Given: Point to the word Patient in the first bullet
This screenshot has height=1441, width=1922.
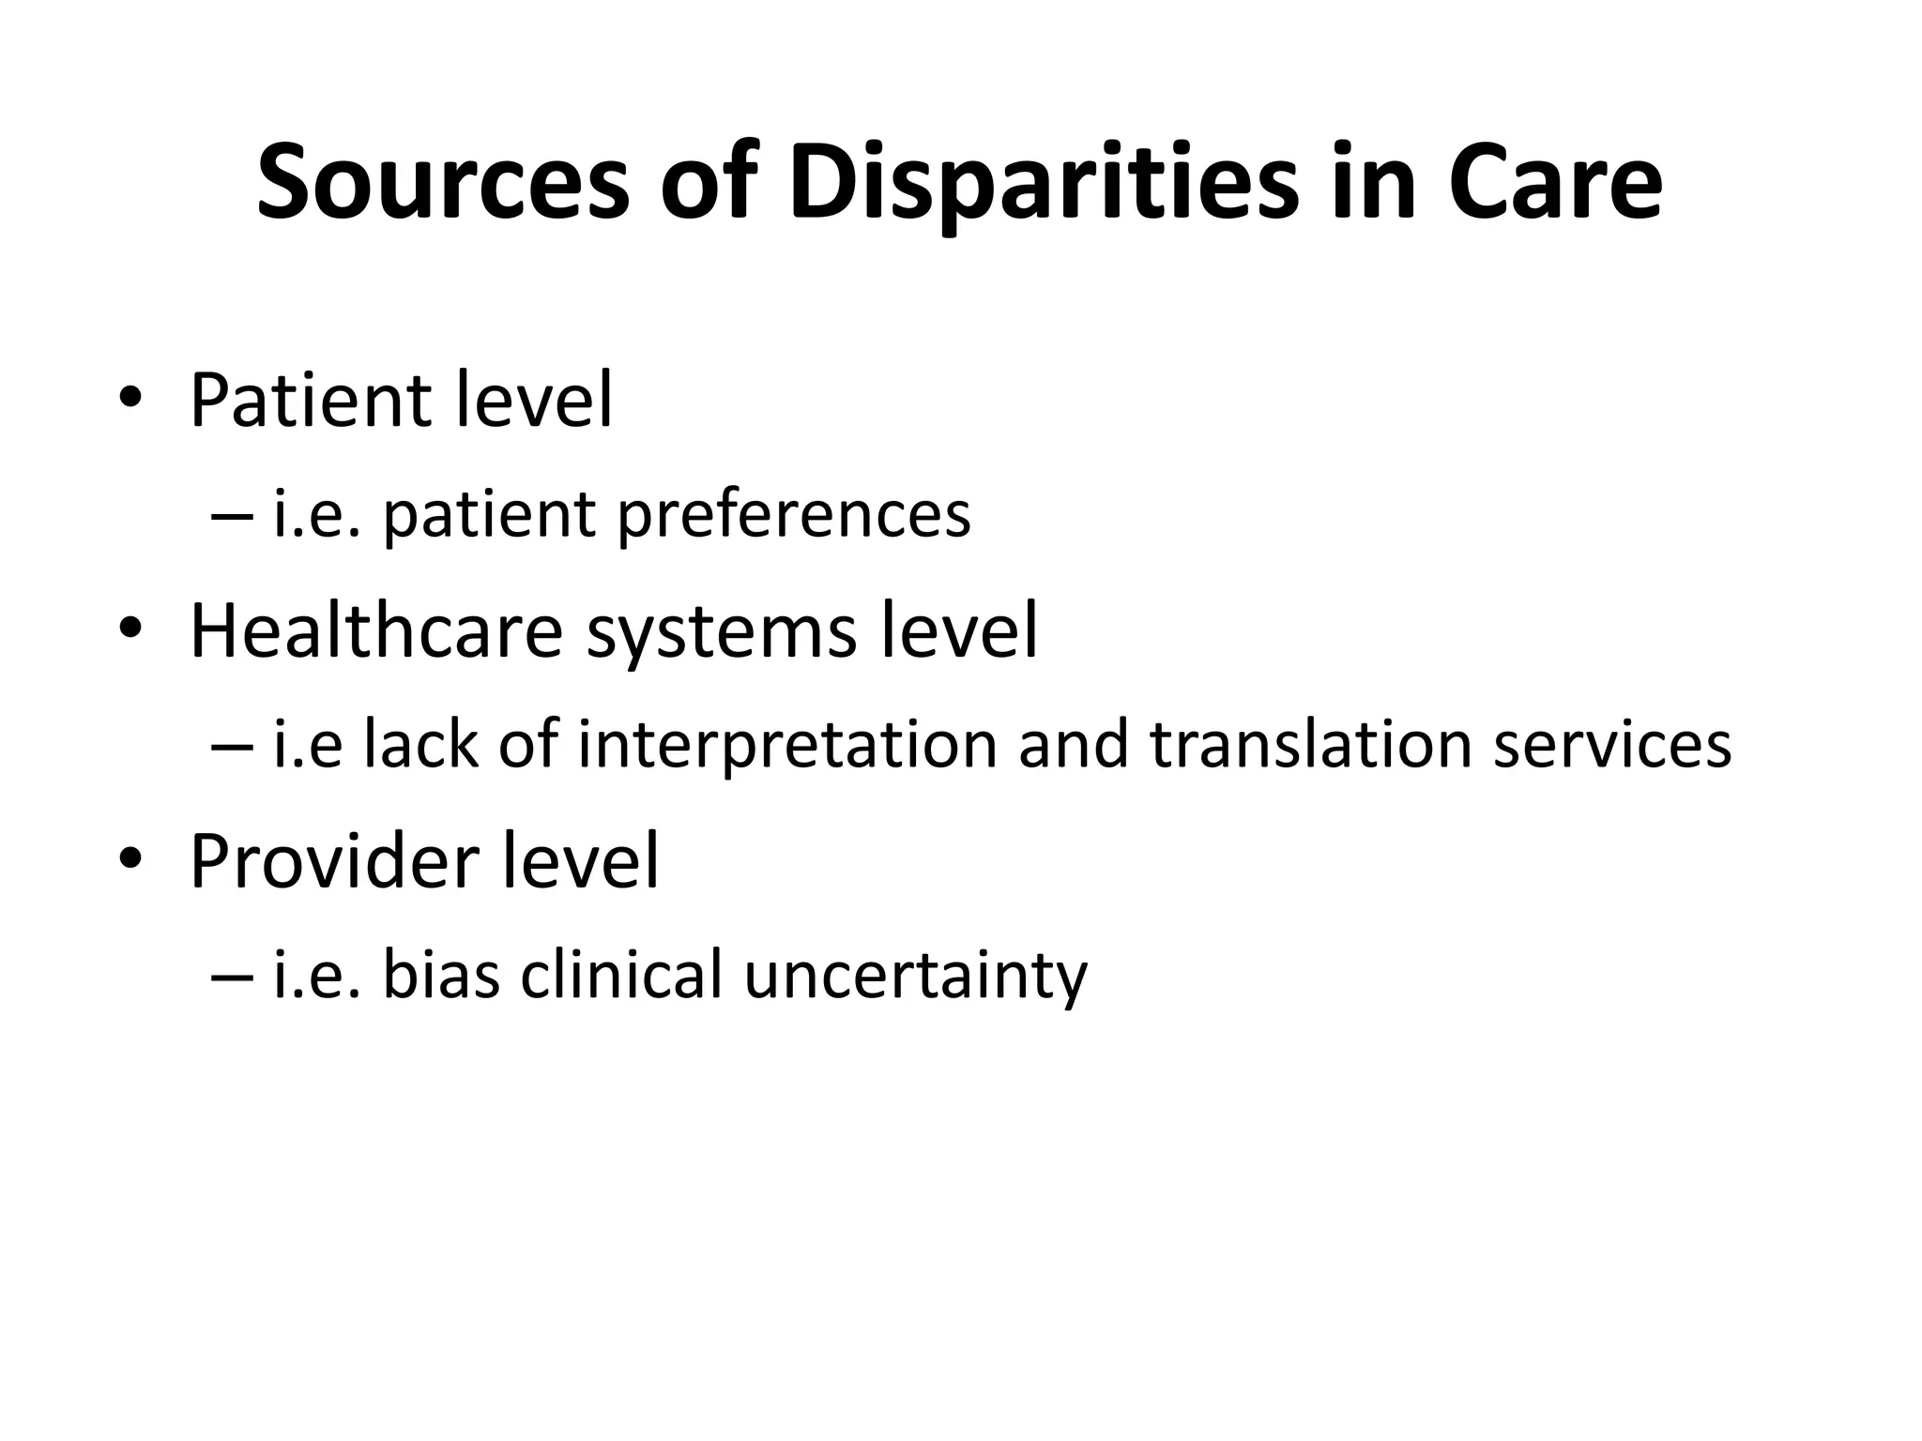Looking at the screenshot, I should pyautogui.click(x=308, y=401).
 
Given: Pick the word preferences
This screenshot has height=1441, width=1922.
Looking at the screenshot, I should pyautogui.click(x=793, y=515).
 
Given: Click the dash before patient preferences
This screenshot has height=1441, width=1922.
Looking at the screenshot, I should pyautogui.click(x=232, y=515).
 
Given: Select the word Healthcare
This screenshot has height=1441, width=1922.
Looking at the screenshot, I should pyautogui.click(x=375, y=630).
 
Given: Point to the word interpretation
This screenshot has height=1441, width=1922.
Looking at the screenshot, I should pyautogui.click(x=786, y=745).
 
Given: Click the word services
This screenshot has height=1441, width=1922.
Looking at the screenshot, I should pyautogui.click(x=1611, y=745).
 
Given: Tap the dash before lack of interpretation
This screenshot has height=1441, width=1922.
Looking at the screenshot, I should pyautogui.click(x=232, y=745).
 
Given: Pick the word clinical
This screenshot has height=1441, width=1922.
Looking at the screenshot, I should pyautogui.click(x=621, y=975).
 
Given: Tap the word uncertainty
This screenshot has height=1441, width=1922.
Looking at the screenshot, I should pyautogui.click(x=915, y=977).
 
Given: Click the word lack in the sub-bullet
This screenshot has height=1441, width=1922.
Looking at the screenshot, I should pyautogui.click(x=420, y=745).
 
